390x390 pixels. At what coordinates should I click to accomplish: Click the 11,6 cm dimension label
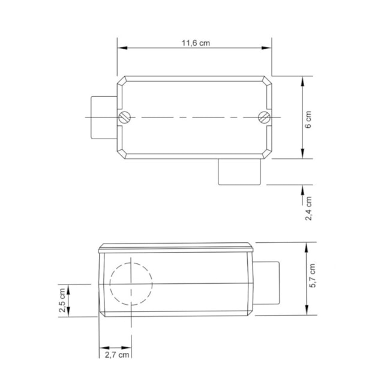(196, 43)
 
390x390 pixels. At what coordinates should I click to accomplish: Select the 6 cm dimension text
(308, 119)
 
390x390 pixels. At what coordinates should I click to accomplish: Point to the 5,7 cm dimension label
(312, 276)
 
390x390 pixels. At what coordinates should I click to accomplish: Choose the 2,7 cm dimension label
(116, 355)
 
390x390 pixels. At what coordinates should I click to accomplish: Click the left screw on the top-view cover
(124, 117)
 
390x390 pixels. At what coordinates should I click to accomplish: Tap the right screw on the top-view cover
(264, 117)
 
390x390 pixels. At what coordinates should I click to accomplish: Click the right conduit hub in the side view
(268, 284)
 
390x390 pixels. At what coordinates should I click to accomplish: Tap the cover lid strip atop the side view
(176, 247)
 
